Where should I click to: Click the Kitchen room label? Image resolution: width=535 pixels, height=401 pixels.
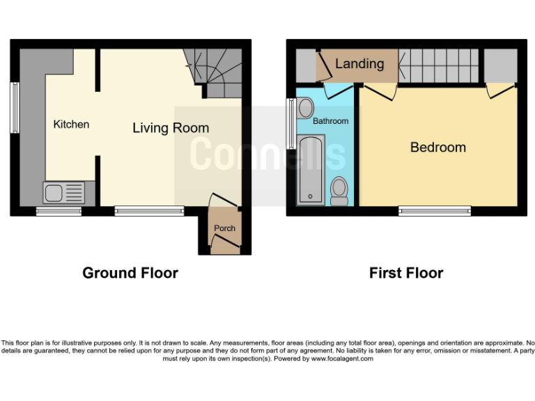[x=72, y=125]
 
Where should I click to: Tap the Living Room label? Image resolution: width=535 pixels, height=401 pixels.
[x=171, y=128]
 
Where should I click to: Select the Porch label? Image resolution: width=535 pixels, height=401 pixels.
[x=224, y=228]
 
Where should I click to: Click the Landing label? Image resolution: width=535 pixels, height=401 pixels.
[x=359, y=64]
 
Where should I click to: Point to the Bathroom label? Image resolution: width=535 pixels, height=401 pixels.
[x=330, y=121]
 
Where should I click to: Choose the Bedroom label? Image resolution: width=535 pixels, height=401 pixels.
[x=437, y=147]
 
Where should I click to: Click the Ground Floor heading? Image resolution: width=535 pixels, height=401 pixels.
[x=130, y=273]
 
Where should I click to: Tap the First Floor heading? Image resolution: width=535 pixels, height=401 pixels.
[x=406, y=273]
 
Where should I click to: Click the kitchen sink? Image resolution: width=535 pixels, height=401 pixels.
[x=63, y=192]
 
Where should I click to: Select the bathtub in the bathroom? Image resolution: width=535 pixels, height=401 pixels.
[x=310, y=171]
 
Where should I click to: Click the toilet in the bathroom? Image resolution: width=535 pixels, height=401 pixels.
[x=339, y=191]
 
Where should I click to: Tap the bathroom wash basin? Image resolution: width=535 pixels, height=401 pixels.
[x=304, y=108]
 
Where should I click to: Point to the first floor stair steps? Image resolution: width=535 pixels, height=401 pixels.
[x=439, y=65]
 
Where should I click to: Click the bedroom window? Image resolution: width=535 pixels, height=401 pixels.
[x=435, y=211]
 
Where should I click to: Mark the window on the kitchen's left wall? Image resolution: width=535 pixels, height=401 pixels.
[x=15, y=108]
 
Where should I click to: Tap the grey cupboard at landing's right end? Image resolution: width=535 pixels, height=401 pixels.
[x=500, y=65]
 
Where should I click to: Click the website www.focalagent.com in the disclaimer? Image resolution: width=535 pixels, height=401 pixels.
[x=341, y=359]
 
